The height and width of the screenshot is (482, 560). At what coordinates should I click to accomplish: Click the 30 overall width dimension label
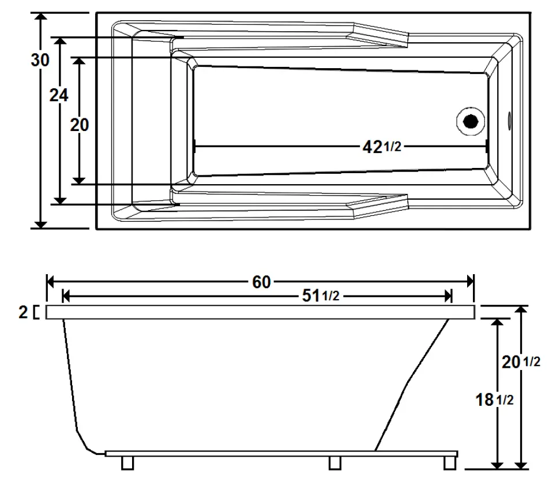[40, 60]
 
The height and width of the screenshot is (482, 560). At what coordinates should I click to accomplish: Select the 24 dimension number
[58, 96]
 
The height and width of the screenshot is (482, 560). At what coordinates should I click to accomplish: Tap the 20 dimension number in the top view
[80, 124]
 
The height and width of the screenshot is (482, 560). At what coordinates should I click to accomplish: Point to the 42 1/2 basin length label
[381, 147]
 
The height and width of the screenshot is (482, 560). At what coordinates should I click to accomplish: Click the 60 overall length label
[261, 282]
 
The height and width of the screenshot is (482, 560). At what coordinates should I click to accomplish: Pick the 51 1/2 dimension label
[321, 296]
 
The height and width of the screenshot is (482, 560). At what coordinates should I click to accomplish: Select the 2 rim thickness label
[23, 313]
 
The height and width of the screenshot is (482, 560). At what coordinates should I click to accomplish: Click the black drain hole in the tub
[471, 121]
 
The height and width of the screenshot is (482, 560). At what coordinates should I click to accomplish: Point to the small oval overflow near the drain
[509, 121]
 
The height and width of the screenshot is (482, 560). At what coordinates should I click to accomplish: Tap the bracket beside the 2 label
[37, 312]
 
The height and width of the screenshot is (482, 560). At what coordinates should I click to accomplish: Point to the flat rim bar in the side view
[260, 312]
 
